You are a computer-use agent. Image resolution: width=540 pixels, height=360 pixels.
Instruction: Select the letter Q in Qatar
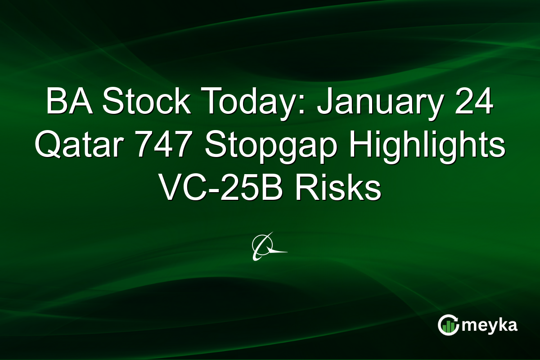(48, 147)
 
